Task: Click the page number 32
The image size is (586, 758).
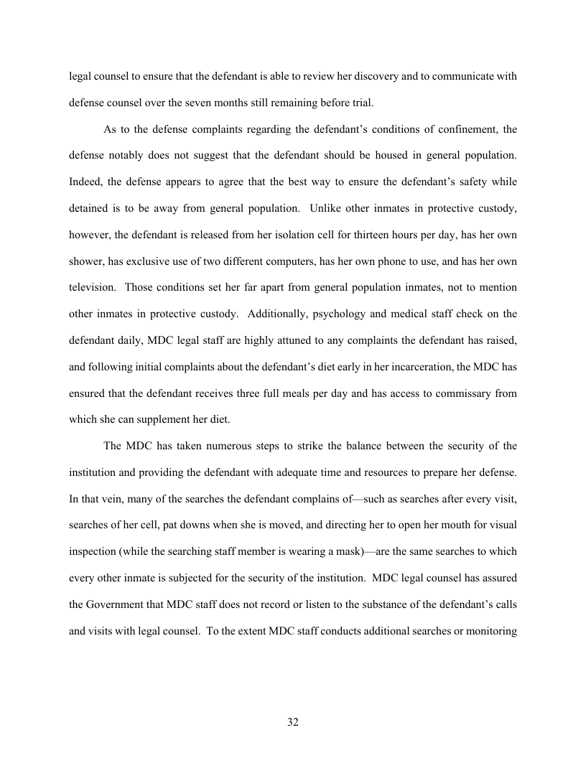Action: pos(292,721)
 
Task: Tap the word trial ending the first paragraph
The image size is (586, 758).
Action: pos(360,103)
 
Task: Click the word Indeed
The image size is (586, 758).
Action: pos(86,182)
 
